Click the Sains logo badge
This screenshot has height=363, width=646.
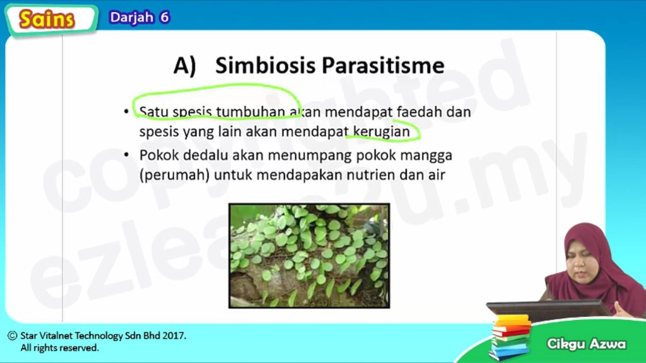(x=51, y=20)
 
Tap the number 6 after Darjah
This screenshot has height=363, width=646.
(x=165, y=17)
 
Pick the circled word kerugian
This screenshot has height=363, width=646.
(x=382, y=131)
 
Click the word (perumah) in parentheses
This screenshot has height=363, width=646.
(x=174, y=176)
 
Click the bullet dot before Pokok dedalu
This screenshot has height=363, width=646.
(x=126, y=155)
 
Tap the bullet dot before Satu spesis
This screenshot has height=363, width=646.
(x=126, y=111)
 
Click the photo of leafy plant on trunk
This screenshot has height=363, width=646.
(x=309, y=255)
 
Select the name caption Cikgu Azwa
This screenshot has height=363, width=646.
(x=586, y=343)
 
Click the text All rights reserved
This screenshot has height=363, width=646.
(x=60, y=348)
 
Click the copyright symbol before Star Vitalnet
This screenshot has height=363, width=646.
(x=13, y=335)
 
